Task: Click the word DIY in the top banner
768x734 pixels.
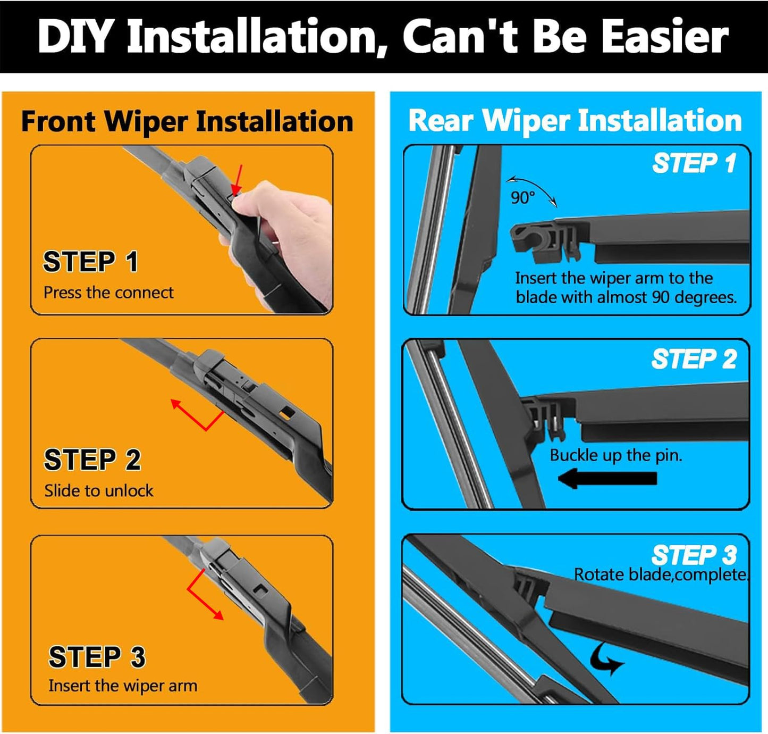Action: pos(74,36)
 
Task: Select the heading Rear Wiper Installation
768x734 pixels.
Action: pos(575,120)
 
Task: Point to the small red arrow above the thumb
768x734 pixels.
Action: pos(238,180)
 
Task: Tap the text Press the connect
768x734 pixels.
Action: pos(108,293)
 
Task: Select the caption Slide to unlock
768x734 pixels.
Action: pos(99,490)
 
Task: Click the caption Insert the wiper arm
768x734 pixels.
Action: pos(123,686)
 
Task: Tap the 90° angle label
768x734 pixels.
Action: pos(522,198)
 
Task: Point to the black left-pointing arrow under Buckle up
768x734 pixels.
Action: pos(608,478)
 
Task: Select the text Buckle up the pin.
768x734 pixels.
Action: pos(615,455)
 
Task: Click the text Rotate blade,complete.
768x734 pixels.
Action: pos(661,575)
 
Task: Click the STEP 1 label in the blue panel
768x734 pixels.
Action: pos(694,163)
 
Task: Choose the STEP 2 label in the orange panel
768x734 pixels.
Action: pos(92,460)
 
